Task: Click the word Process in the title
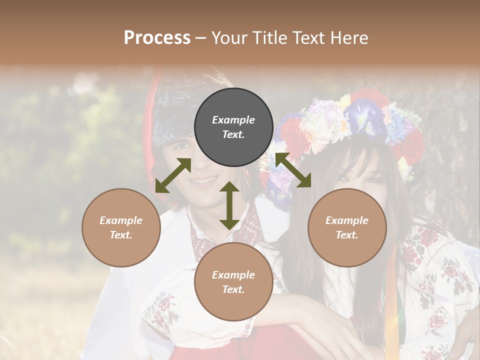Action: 157,38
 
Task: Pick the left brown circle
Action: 121,227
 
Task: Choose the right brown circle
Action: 347,227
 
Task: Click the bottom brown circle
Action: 233,281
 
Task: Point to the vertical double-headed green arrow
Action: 229,205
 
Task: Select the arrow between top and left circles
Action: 173,175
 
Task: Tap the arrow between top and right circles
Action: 292,170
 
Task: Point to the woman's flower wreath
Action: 350,125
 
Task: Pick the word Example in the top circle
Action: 233,120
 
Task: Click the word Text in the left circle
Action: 121,235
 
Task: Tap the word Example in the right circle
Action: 347,220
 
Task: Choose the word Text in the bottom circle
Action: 233,289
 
